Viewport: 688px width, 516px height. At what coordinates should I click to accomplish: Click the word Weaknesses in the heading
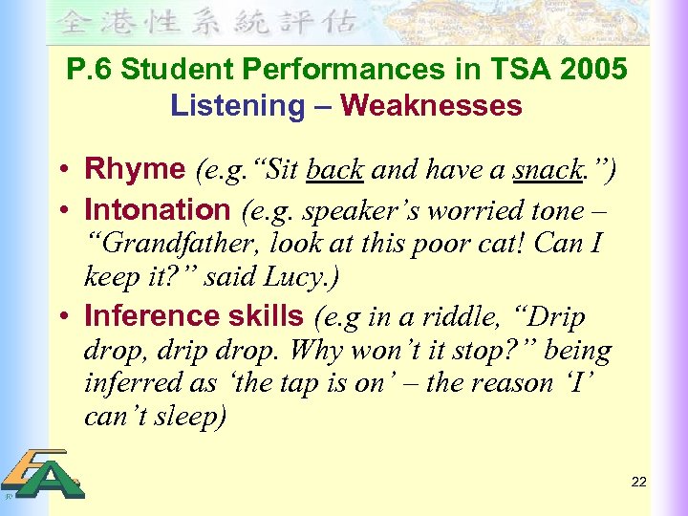point(431,104)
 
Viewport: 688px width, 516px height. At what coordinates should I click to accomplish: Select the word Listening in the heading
point(236,104)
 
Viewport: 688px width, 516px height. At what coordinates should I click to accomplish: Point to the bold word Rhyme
point(135,170)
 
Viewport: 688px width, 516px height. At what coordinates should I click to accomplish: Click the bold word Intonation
point(158,209)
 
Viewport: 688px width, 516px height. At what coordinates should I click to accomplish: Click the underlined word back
point(335,170)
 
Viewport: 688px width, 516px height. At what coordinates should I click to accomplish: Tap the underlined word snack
point(548,170)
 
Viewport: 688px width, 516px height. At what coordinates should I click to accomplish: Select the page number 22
point(639,482)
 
